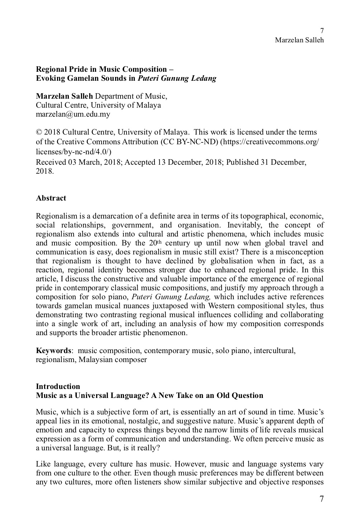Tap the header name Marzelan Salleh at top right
coord(299,40)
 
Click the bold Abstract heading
coord(51,198)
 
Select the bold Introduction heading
coord(58,386)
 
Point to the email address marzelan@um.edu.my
coord(73,114)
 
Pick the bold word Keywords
coord(53,351)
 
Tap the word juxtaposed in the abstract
coord(178,306)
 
